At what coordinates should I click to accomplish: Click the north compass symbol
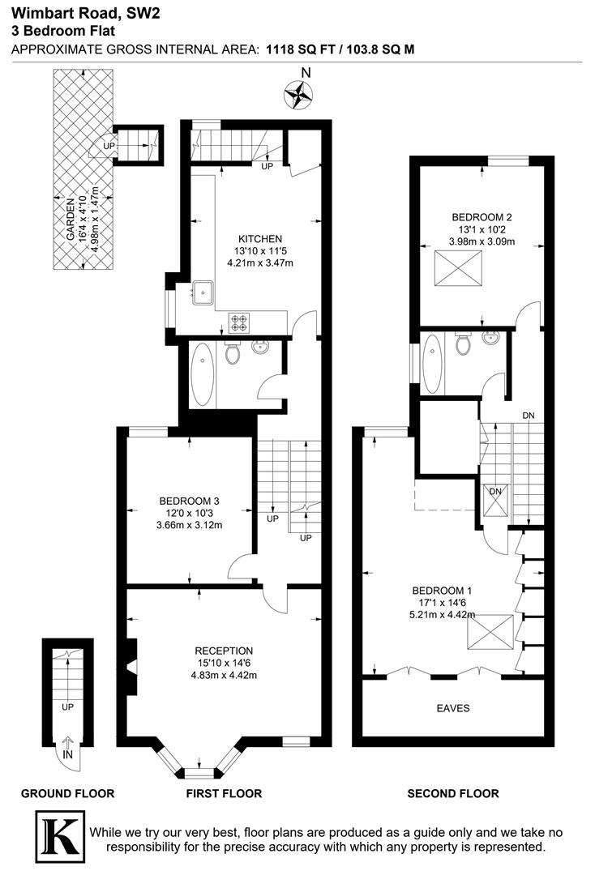298,96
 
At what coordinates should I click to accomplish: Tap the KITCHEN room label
260,239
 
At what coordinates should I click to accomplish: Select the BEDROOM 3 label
190,500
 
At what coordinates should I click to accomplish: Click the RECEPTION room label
225,651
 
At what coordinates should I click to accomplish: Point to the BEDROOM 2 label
482,217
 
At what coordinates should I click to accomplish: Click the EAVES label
452,708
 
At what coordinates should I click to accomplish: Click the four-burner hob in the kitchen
240,322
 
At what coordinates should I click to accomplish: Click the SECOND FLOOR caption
452,793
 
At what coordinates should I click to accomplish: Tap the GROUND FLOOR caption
67,793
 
